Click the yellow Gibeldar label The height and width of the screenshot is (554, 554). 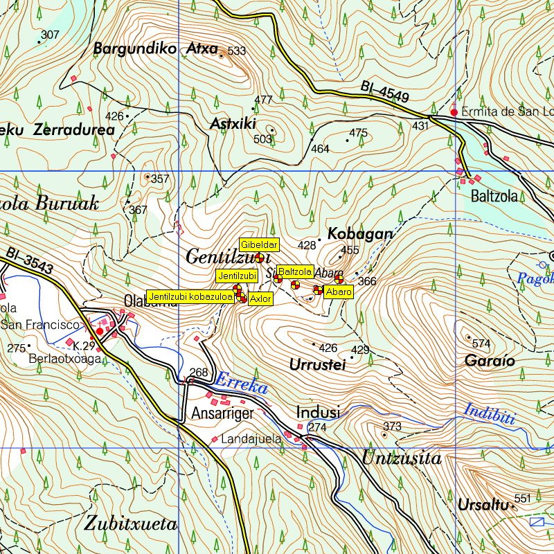[259, 244]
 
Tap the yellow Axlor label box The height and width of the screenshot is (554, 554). [260, 299]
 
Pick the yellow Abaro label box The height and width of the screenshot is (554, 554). [339, 292]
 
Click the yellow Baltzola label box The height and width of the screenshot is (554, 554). [296, 271]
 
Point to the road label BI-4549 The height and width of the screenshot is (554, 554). [384, 93]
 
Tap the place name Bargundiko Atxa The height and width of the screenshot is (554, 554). [155, 49]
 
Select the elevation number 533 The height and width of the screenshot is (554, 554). [237, 51]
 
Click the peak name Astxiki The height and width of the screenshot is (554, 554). [233, 124]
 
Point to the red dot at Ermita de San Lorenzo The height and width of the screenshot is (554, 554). [454, 112]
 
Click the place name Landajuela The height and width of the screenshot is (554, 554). [251, 438]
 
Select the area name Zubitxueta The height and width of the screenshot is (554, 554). [130, 523]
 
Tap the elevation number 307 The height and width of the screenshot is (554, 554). [50, 35]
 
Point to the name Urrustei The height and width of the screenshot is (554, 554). [317, 365]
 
